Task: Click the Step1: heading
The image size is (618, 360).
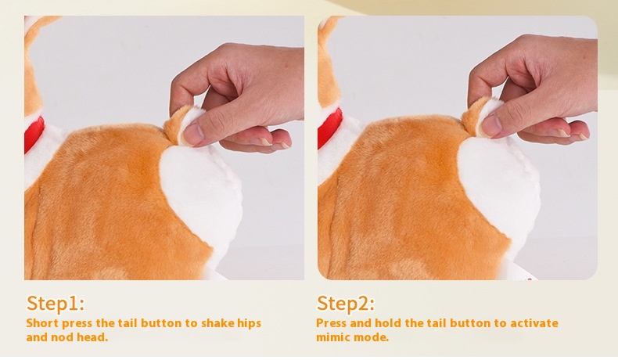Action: click(x=56, y=303)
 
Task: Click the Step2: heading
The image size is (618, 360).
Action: click(x=345, y=303)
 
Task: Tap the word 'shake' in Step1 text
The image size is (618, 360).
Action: click(x=217, y=323)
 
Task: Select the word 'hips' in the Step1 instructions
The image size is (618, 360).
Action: click(x=249, y=324)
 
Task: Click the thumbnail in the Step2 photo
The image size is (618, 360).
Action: click(x=491, y=125)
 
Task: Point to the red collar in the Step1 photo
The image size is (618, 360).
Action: click(x=34, y=134)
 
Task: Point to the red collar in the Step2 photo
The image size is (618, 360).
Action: click(x=329, y=127)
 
